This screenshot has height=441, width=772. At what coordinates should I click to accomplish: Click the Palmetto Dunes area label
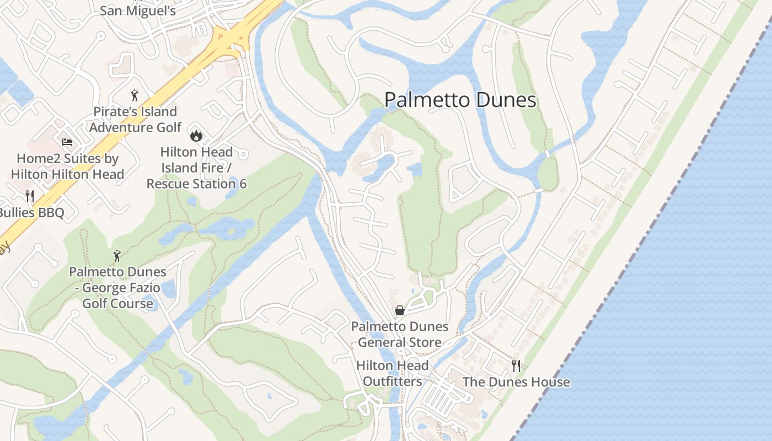[x=460, y=100]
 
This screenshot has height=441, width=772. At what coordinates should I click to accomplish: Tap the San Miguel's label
[x=138, y=10]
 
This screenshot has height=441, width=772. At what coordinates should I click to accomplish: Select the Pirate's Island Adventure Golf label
[x=135, y=120]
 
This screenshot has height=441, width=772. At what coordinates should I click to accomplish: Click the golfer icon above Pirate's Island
[x=135, y=96]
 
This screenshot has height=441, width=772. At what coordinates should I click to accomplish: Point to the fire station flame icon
[x=196, y=135]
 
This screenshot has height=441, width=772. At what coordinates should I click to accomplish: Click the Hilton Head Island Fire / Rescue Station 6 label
[x=196, y=168]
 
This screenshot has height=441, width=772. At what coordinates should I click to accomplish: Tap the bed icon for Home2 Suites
[x=67, y=142]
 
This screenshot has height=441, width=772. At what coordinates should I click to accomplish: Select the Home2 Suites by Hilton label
[x=67, y=166]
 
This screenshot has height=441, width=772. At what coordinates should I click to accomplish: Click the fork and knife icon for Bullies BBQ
[x=30, y=196]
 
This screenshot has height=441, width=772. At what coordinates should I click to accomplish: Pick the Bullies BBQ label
[x=32, y=213]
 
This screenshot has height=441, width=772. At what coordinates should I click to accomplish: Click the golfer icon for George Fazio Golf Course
[x=116, y=256]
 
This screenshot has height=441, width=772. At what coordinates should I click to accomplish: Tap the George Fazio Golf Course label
[x=117, y=288]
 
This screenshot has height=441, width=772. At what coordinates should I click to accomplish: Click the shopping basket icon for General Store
[x=400, y=310]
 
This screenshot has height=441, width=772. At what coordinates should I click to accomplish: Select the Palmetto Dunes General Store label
[x=400, y=335]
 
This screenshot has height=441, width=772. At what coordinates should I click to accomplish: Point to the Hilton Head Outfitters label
[x=392, y=373]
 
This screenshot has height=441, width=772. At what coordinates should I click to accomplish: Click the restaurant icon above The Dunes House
[x=516, y=365]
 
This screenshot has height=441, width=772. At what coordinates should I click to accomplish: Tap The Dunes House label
[x=516, y=382]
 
